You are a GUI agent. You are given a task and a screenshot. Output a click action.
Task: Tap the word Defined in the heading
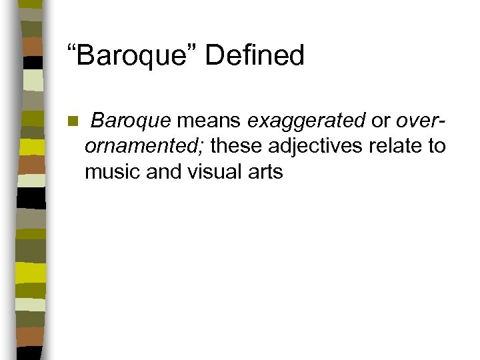click(x=255, y=55)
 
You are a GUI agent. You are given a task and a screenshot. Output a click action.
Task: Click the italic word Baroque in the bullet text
click(x=131, y=121)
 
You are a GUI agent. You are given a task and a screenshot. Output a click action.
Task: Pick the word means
click(x=209, y=121)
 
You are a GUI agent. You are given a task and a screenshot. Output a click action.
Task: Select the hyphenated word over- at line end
click(x=421, y=121)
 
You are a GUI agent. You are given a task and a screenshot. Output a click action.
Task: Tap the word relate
click(x=394, y=146)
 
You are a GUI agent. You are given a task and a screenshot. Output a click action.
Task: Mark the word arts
click(x=264, y=171)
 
